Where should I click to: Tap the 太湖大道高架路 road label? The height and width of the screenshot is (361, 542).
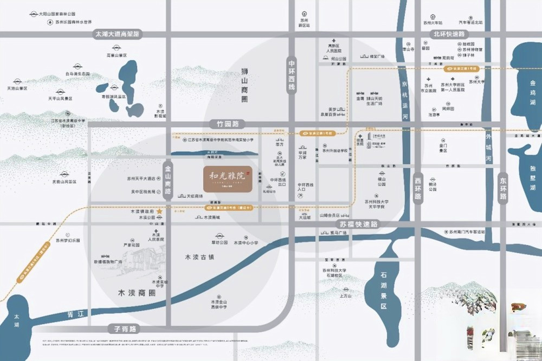pyautogui.click(x=117, y=34)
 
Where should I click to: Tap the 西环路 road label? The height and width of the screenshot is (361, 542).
pyautogui.click(x=418, y=188)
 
